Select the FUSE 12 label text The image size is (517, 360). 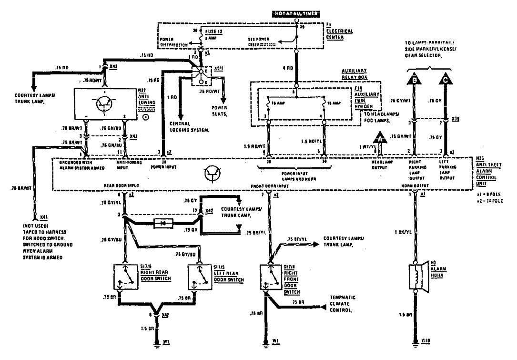click(x=213, y=31)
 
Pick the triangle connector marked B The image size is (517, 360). click(x=415, y=79)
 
